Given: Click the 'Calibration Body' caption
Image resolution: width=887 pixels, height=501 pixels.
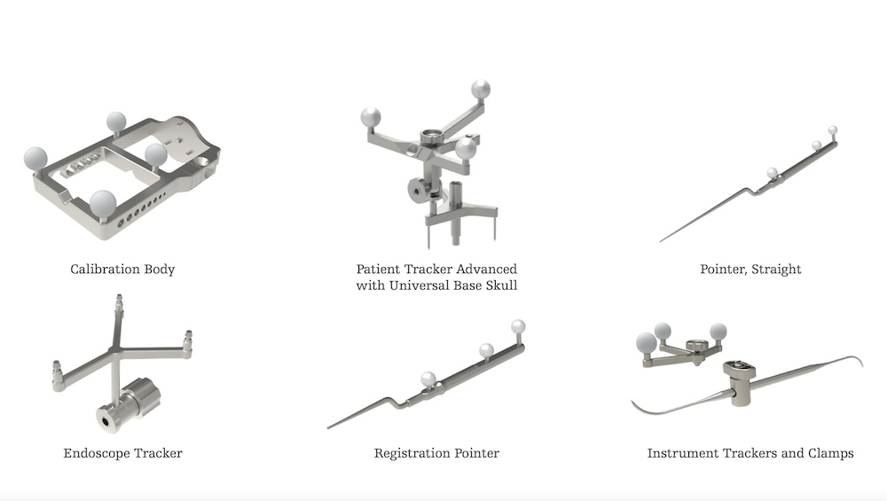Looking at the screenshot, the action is (122, 270).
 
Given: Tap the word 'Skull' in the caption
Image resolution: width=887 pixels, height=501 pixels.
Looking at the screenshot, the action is (502, 286).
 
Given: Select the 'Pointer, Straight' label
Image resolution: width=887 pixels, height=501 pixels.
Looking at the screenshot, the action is (750, 270).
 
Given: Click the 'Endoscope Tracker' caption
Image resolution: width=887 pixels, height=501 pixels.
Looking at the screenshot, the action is (122, 453).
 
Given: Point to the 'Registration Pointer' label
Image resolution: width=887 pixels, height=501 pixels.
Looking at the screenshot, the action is (436, 453).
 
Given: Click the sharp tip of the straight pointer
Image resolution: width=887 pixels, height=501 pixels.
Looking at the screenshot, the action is (661, 241).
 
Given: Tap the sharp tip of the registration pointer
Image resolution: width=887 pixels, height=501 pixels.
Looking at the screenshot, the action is (329, 427).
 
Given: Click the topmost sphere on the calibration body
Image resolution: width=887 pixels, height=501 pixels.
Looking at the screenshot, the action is (116, 121).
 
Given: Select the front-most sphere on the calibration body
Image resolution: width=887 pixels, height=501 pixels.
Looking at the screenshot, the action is (103, 203).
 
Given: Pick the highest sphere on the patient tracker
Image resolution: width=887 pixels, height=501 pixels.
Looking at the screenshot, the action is (480, 90).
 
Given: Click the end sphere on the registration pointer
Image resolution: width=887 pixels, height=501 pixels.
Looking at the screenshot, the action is (518, 327).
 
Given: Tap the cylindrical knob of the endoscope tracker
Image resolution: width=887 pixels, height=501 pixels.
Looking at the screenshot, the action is (129, 403).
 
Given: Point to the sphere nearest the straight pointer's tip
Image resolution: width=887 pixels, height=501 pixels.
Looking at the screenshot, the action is (773, 172).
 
